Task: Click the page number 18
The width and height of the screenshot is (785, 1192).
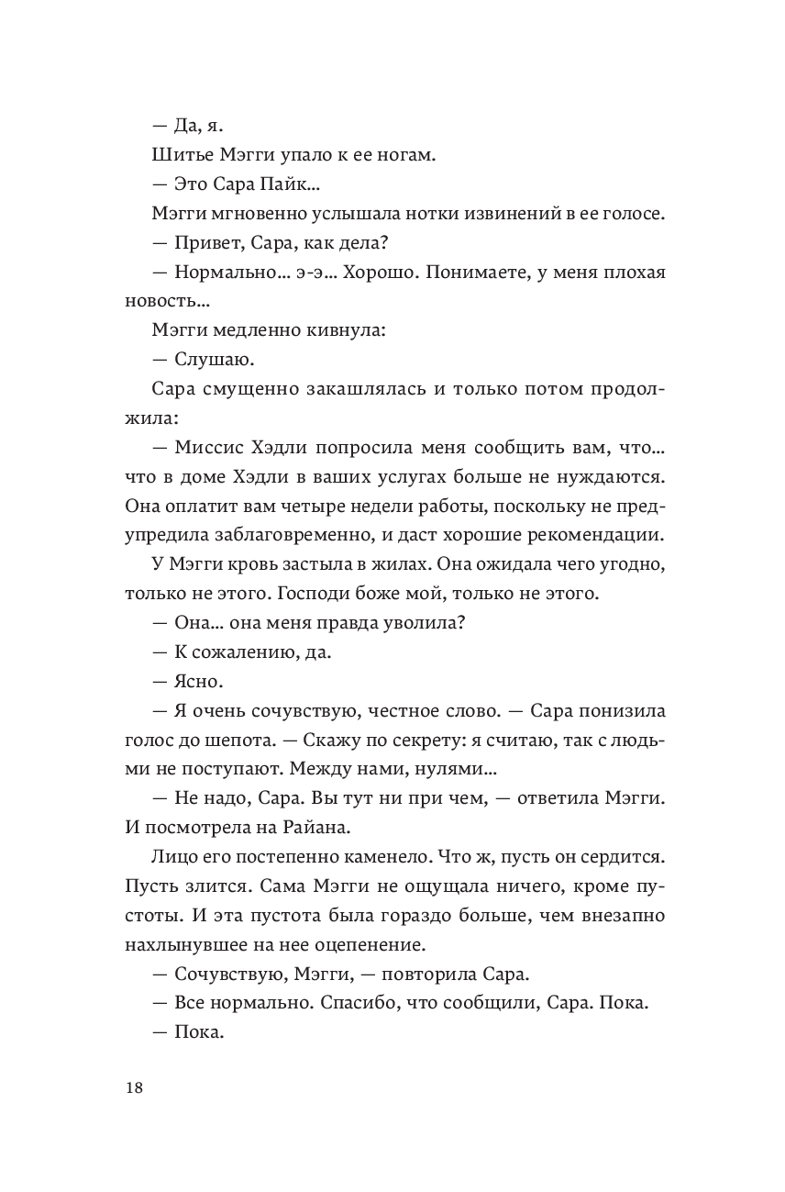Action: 134,1088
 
